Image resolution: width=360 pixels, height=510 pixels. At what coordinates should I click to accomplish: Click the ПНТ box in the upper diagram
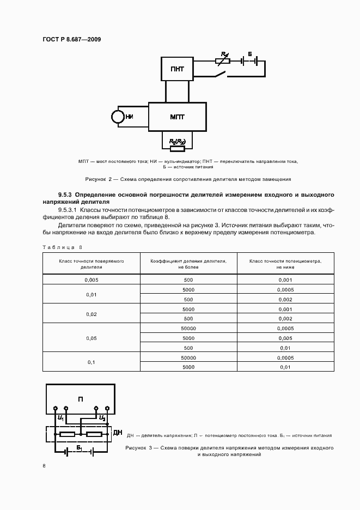tap(177, 69)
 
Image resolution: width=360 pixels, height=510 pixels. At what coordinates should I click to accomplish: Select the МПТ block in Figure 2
tap(177, 116)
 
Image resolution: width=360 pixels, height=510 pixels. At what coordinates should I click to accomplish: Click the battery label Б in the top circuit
tap(249, 54)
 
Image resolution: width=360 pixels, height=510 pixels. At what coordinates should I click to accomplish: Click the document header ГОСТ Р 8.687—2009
tap(70, 39)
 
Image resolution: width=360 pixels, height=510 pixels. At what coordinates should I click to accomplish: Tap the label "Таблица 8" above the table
tap(63, 247)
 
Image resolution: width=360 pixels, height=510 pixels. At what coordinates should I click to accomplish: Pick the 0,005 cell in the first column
tap(91, 280)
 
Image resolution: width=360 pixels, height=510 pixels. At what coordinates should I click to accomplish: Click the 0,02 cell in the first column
tap(91, 314)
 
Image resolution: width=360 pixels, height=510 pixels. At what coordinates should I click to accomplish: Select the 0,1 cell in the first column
tap(91, 362)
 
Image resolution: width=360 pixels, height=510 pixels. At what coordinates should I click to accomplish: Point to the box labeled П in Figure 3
tap(80, 399)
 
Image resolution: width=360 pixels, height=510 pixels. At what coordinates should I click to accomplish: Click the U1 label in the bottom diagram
tap(60, 418)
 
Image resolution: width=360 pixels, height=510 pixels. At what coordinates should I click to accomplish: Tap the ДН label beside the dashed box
tap(117, 433)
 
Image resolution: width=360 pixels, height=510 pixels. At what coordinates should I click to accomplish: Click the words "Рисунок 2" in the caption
tap(97, 179)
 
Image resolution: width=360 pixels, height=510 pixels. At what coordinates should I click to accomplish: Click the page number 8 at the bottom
tap(44, 466)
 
